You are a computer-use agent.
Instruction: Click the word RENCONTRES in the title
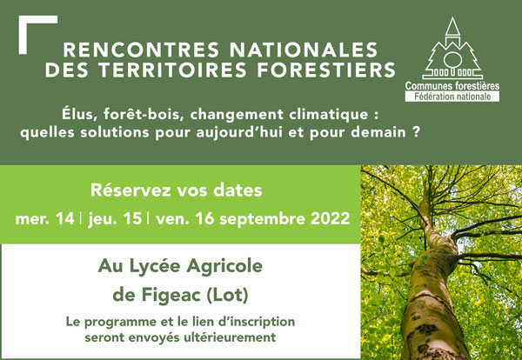tap(141, 50)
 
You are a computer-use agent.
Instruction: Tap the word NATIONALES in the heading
tap(304, 50)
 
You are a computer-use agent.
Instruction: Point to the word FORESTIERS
tap(326, 70)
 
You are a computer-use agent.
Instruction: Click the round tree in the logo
tap(452, 60)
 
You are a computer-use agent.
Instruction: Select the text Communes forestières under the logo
tap(452, 86)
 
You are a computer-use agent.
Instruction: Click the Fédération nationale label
tap(452, 97)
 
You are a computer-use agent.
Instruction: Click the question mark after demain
tap(414, 132)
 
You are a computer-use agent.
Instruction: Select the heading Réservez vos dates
tap(177, 190)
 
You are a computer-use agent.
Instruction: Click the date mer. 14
tap(45, 219)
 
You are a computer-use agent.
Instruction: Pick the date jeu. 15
tap(115, 220)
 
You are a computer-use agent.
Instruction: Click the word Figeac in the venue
tap(171, 296)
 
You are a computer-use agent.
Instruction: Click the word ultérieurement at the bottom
tap(230, 337)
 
